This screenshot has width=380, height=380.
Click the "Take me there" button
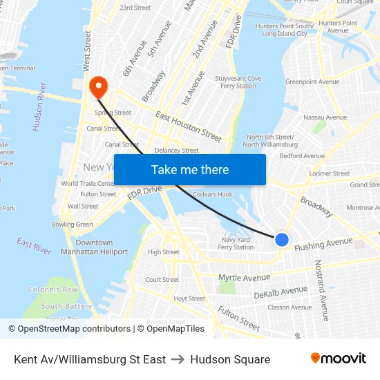click(190, 170)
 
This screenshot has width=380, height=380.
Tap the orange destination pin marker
click(99, 87)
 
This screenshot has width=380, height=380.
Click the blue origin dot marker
click(282, 240)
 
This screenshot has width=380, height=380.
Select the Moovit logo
click(339, 359)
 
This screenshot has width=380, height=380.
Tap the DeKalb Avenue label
click(280, 292)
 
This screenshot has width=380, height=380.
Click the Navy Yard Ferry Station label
click(236, 243)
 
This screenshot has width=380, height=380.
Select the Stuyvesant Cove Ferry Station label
click(238, 82)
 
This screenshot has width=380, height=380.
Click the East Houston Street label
click(188, 123)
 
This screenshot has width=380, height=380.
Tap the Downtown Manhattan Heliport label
click(94, 247)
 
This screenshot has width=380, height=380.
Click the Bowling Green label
click(73, 225)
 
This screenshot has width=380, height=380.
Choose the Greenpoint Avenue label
click(312, 82)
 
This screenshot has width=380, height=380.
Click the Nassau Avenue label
click(325, 117)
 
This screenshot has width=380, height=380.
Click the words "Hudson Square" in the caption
click(230, 359)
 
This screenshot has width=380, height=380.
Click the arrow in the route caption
click(178, 359)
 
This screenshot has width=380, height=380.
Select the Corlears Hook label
click(213, 195)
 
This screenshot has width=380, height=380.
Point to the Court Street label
click(162, 280)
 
